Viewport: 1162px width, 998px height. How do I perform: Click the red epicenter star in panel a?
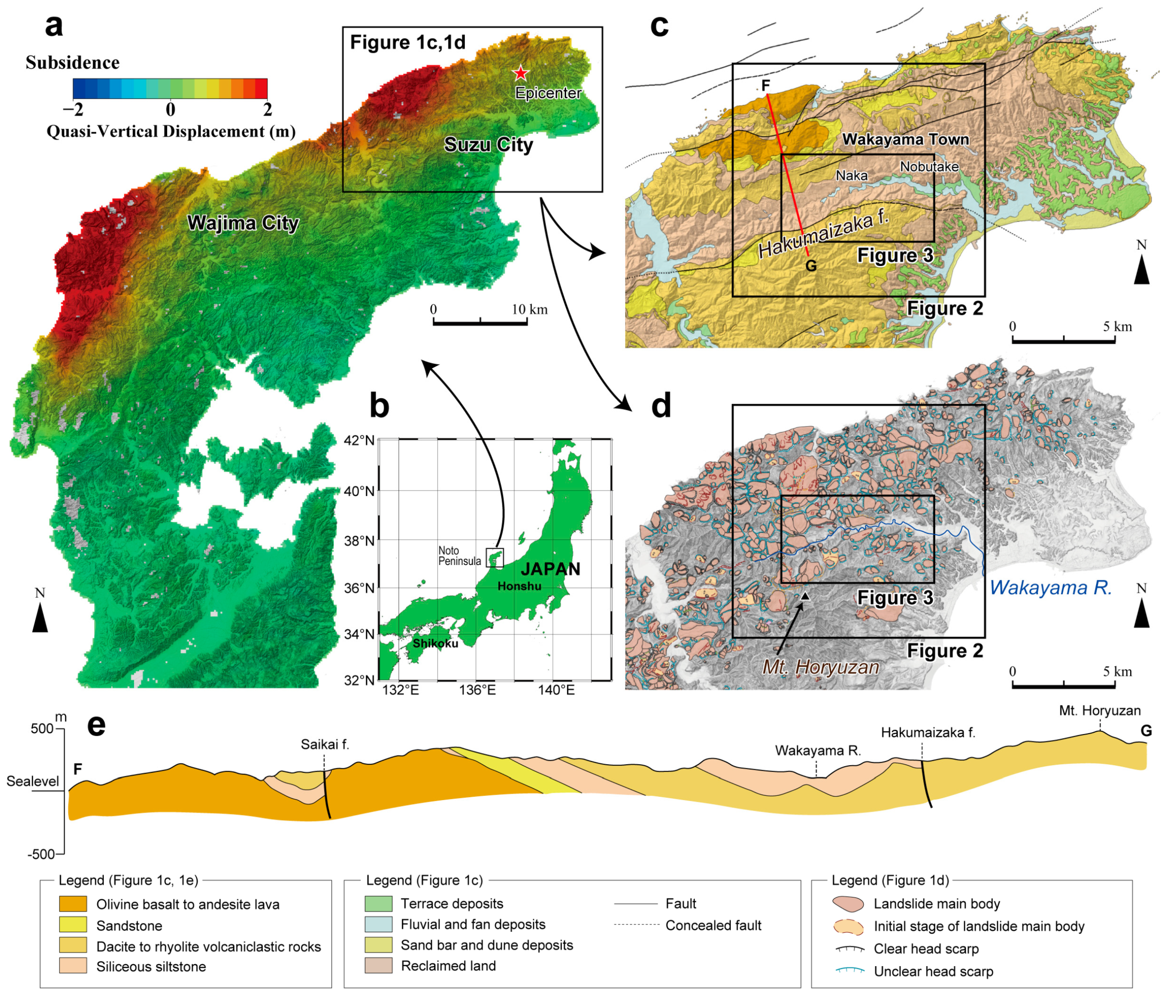click(x=521, y=73)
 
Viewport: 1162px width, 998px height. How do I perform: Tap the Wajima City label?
click(x=243, y=223)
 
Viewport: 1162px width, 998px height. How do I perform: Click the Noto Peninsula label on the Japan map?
click(x=459, y=556)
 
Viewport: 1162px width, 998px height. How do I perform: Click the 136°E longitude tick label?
click(x=477, y=690)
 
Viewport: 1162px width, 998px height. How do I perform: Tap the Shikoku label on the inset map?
click(x=435, y=643)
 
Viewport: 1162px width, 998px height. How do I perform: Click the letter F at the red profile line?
click(x=765, y=85)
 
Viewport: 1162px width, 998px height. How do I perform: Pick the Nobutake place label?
click(x=929, y=166)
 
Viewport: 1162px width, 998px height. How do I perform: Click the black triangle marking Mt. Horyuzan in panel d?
click(x=805, y=596)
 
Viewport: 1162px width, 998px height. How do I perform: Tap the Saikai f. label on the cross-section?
click(x=325, y=744)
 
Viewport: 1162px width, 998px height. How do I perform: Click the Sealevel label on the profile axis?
click(x=32, y=781)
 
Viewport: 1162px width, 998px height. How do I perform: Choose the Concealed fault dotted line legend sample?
click(x=636, y=925)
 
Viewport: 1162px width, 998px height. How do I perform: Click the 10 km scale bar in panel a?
click(x=480, y=322)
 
